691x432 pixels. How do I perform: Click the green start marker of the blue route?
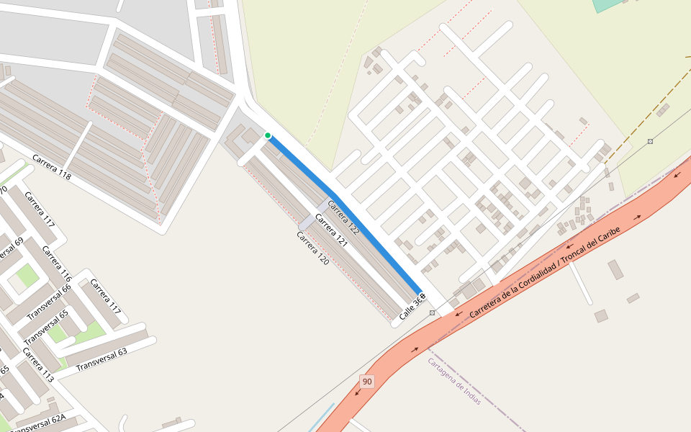coord(268,135)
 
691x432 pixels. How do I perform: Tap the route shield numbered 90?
coord(367,382)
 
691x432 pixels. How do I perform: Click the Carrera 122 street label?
coord(343,217)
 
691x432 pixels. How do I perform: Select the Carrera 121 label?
coord(331,230)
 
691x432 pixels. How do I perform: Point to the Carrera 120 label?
coord(312,248)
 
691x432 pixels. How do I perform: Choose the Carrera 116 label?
coord(57,264)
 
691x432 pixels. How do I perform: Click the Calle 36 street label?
coord(410,308)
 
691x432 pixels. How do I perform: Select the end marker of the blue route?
coord(422,295)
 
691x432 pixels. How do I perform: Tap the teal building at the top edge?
coord(608,4)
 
